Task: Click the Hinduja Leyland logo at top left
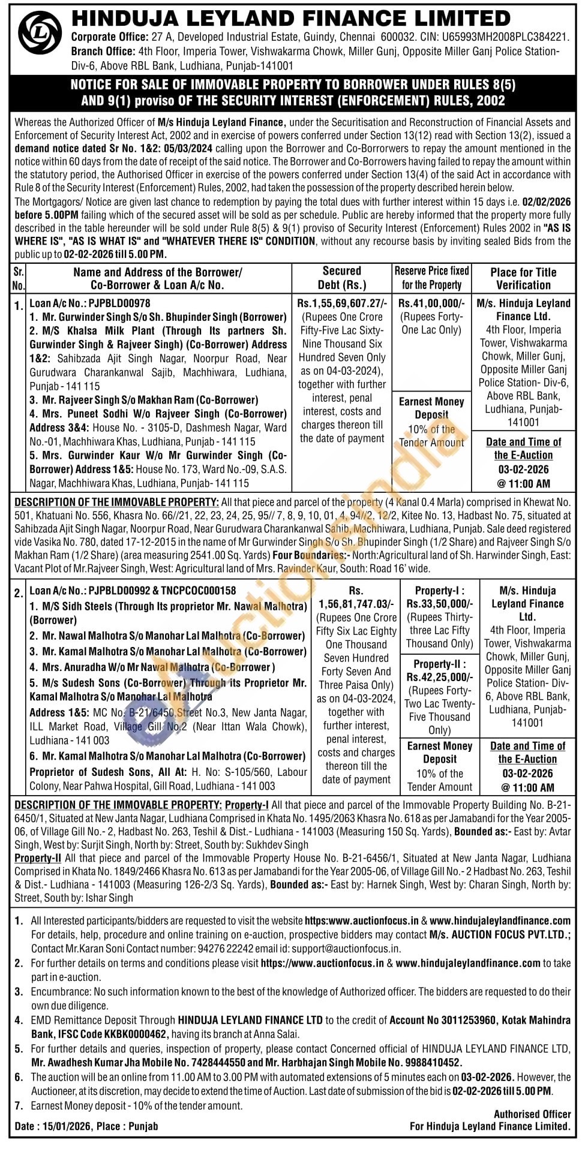coord(40,35)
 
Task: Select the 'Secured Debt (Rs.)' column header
coord(342,278)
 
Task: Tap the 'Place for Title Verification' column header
coord(523,279)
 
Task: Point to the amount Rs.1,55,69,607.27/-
coord(342,303)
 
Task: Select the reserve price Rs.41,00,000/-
coord(431,303)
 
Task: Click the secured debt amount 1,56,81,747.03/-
coord(356,604)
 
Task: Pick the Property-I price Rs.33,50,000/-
coord(440,604)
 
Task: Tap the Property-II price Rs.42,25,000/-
coord(440,677)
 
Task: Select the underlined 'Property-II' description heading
coord(38,858)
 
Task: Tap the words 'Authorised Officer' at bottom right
coord(532,1114)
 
